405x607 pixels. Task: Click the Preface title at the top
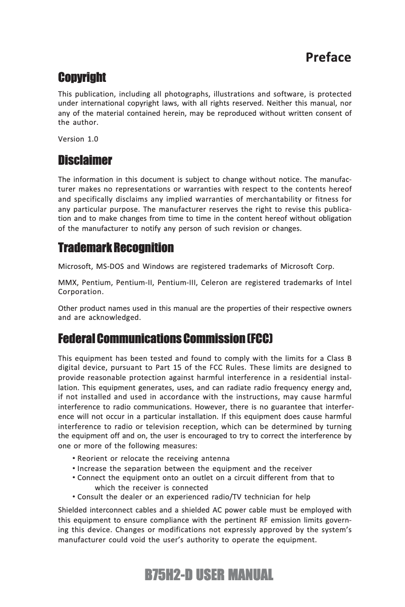coord(328,57)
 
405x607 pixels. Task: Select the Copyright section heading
coord(82,77)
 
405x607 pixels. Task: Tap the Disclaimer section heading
coord(85,161)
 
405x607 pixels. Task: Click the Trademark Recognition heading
coord(116,248)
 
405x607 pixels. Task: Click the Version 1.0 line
coord(78,138)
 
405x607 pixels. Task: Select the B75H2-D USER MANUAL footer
coord(209,575)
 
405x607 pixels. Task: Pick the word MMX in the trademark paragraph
coord(67,282)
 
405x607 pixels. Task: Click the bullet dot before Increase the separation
coord(74,469)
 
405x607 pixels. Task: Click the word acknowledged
coord(114,318)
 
